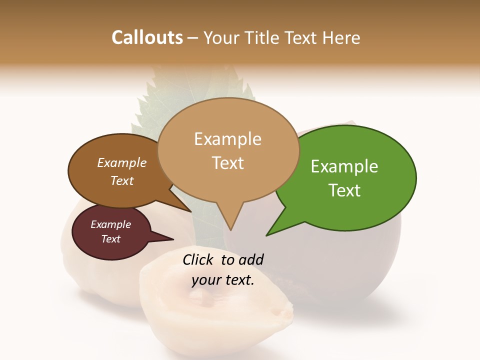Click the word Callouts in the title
(x=147, y=37)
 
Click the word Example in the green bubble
(x=344, y=166)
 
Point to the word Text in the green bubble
(x=344, y=190)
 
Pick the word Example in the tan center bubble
(x=227, y=139)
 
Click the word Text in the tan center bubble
(x=227, y=163)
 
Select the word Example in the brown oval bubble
(x=122, y=162)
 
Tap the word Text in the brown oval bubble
(x=122, y=180)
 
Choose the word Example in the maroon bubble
(x=111, y=224)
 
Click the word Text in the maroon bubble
(x=111, y=239)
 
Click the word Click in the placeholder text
(x=199, y=259)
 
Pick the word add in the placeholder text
(x=251, y=259)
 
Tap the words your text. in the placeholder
(x=223, y=280)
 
